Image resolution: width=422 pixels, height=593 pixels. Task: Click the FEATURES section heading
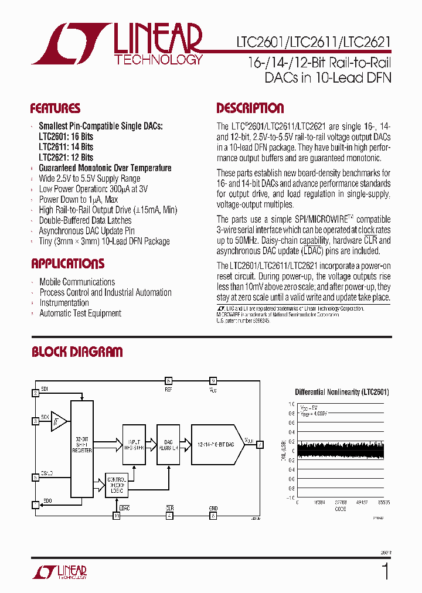click(x=55, y=108)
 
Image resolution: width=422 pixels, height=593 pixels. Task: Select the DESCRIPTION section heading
click(x=250, y=108)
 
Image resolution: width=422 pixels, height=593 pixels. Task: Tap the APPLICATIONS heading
click(x=67, y=264)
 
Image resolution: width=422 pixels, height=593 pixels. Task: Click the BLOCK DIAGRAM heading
click(x=77, y=352)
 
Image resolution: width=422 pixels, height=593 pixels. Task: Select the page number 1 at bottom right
click(x=385, y=571)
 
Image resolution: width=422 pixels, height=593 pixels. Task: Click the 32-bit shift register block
click(x=81, y=451)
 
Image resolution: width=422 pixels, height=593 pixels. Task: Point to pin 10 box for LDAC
click(x=117, y=516)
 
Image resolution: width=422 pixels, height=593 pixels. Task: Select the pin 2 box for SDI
click(x=36, y=393)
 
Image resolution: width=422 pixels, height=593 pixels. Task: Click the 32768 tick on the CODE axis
click(x=341, y=502)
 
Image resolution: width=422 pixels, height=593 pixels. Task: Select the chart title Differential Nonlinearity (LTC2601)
click(x=342, y=392)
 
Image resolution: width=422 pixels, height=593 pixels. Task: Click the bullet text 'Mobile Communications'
click(x=77, y=282)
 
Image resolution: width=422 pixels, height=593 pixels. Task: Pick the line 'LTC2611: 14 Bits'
click(x=66, y=146)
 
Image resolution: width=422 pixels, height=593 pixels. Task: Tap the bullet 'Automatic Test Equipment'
click(x=80, y=313)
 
